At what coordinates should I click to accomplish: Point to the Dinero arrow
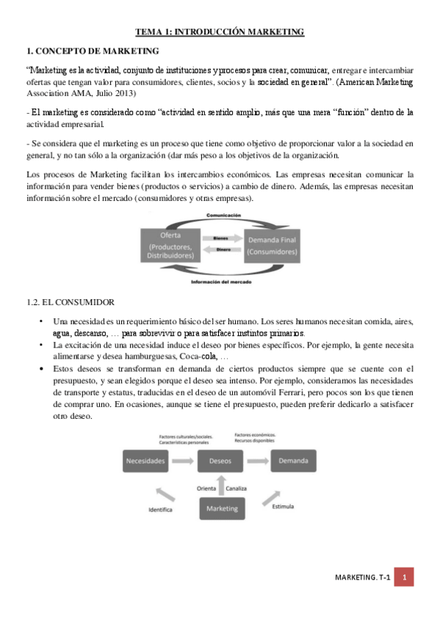[x=220, y=250]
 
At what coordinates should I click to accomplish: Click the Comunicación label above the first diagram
[x=223, y=216]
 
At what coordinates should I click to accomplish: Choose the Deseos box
[x=220, y=461]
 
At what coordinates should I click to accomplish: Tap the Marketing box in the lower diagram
[x=223, y=508]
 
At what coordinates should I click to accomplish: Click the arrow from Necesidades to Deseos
[x=185, y=461]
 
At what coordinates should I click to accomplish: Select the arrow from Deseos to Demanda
[x=256, y=461]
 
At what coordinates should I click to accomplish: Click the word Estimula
[x=284, y=506]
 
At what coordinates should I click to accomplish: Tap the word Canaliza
[x=237, y=488]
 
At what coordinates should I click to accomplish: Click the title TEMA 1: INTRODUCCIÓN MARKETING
[x=220, y=32]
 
